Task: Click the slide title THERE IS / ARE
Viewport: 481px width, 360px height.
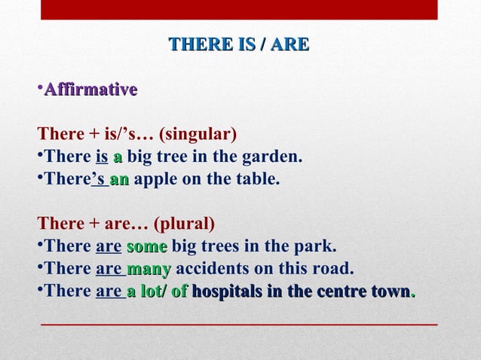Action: (238, 44)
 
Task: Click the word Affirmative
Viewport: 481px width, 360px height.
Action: (90, 90)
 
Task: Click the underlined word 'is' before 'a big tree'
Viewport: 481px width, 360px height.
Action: (103, 157)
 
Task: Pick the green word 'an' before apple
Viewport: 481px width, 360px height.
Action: (119, 180)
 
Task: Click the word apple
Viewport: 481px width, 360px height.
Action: (156, 180)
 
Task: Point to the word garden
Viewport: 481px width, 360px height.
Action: (276, 157)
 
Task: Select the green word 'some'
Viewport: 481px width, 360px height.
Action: (147, 247)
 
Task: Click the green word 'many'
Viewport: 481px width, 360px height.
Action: (149, 269)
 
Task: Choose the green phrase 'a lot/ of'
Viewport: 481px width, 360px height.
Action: (157, 291)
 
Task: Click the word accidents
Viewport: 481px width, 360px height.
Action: (210, 269)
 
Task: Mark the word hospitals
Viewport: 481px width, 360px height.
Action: (227, 291)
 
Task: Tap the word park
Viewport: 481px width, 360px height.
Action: (318, 247)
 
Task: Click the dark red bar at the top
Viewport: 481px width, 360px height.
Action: (238, 9)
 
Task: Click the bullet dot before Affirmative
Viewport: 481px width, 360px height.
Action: (40, 90)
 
